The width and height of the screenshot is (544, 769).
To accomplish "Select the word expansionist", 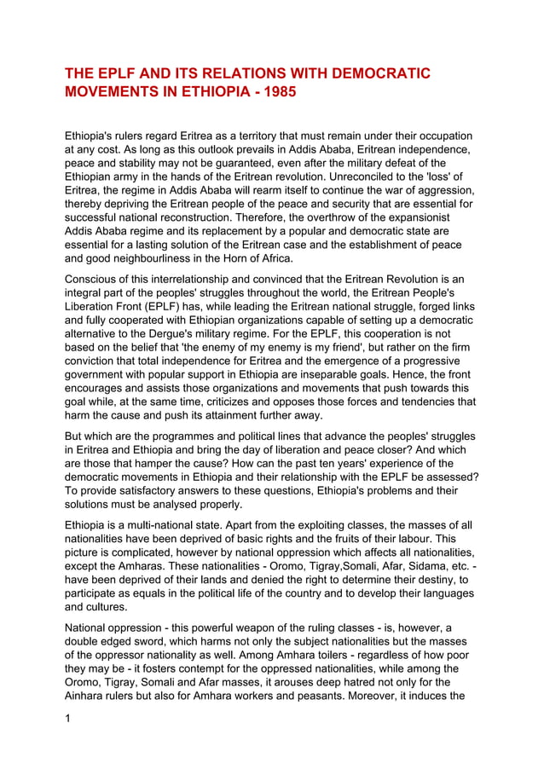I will (431, 217).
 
